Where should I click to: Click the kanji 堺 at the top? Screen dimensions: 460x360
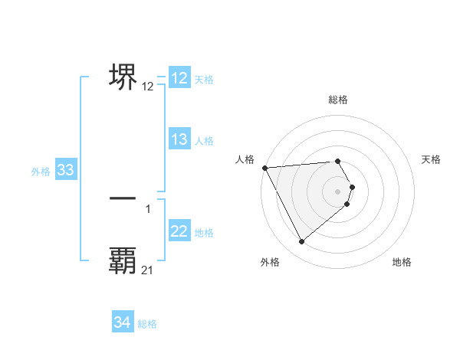[123, 77]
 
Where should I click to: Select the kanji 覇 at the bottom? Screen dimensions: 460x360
[123, 260]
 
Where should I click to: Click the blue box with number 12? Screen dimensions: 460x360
[179, 78]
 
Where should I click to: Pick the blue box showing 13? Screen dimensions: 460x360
[179, 139]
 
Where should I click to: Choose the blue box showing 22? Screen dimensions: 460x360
[179, 232]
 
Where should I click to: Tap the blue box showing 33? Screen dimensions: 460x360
[65, 171]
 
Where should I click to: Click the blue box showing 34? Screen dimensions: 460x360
[123, 323]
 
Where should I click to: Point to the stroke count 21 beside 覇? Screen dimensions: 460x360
[148, 270]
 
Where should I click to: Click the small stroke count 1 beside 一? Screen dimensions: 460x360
[148, 208]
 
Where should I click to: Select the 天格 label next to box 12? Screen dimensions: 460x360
[204, 79]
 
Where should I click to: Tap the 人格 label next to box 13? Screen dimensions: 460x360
[204, 141]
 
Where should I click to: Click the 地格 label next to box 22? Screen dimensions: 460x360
[204, 233]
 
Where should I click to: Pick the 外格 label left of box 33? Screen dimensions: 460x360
[41, 172]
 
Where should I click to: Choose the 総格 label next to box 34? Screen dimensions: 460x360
[147, 324]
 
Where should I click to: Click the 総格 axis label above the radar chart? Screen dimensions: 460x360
[338, 100]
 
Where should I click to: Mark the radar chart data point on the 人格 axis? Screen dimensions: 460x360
[264, 167]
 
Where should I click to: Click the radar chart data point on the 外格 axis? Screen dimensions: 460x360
[302, 242]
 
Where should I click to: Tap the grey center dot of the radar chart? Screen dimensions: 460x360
[338, 191]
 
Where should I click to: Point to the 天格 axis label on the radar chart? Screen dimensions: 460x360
[432, 159]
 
